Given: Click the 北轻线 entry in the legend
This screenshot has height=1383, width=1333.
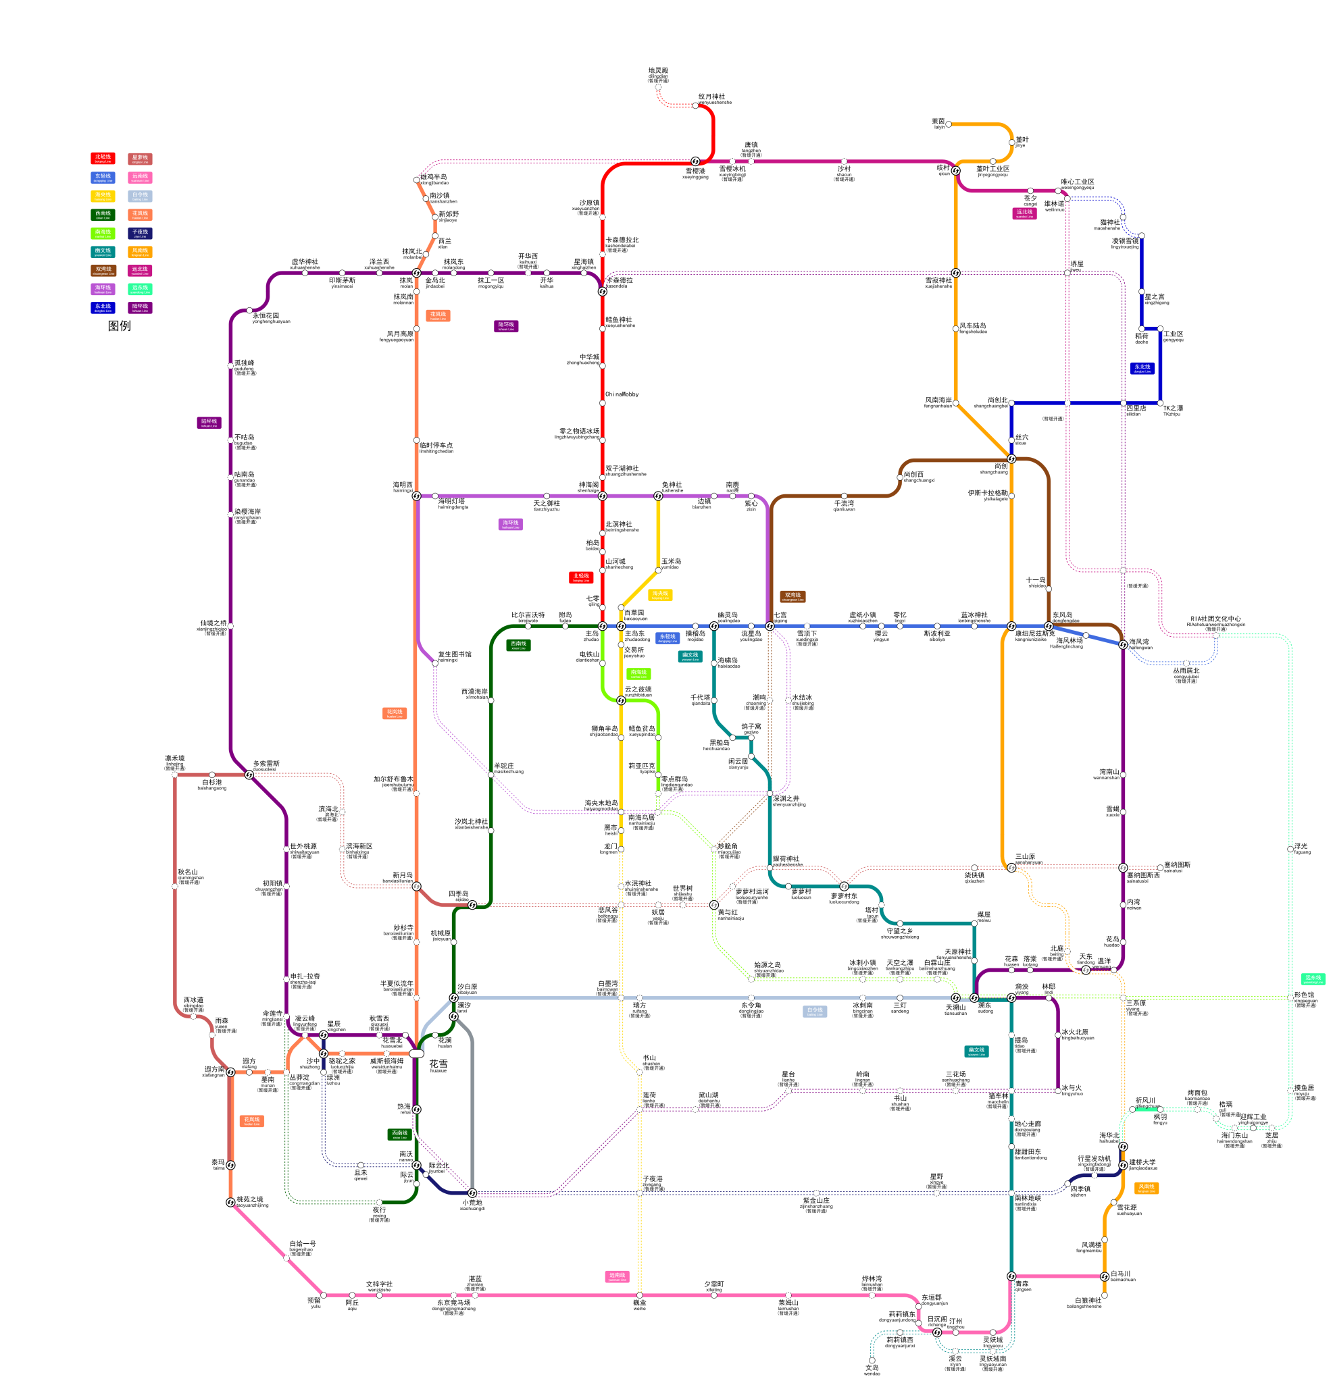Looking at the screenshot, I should click(x=103, y=158).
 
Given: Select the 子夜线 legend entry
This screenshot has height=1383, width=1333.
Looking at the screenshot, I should click(x=140, y=233).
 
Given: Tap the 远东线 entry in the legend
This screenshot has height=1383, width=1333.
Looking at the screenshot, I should click(x=140, y=288).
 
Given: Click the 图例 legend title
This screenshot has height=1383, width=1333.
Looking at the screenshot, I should click(x=120, y=325).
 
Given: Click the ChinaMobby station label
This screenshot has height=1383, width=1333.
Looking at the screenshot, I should click(x=622, y=394).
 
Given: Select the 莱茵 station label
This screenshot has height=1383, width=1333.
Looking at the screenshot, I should click(x=938, y=122).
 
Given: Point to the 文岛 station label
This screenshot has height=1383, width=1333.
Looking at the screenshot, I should click(x=872, y=1367).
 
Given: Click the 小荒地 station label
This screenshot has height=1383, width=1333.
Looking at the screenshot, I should click(x=472, y=1203).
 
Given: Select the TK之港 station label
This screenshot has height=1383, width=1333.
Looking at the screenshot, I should click(x=1174, y=408).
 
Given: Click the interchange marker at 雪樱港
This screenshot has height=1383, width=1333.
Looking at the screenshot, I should click(x=695, y=161).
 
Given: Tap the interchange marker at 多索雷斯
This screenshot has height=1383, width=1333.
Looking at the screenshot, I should click(x=249, y=775).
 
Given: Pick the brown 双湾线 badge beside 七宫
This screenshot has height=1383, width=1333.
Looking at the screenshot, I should click(x=793, y=596).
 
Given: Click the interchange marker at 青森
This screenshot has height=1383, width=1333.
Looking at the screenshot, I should click(x=1011, y=1276).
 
